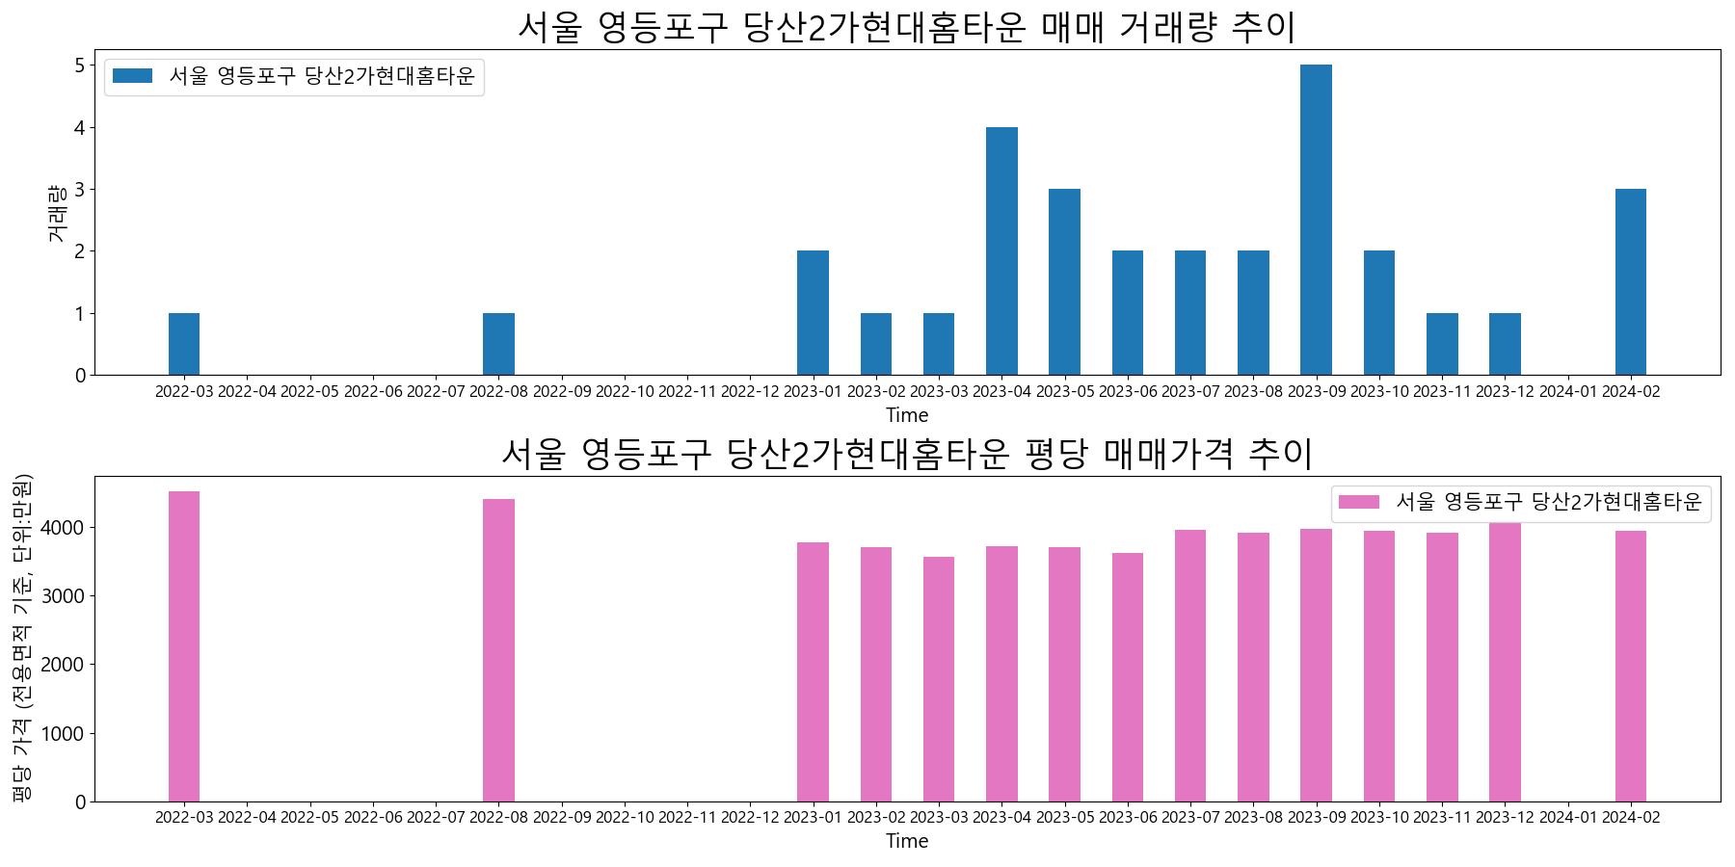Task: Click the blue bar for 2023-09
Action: pyautogui.click(x=1316, y=220)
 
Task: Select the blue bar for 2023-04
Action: pyautogui.click(x=1001, y=250)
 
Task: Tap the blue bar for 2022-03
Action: pyautogui.click(x=184, y=344)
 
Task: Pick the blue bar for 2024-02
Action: pyautogui.click(x=1630, y=281)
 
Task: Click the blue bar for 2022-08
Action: pyautogui.click(x=498, y=344)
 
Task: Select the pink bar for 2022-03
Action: pyautogui.click(x=184, y=645)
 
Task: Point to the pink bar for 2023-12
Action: pyautogui.click(x=1505, y=662)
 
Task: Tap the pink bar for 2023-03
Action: pyautogui.click(x=939, y=679)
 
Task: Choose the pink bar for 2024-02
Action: pyautogui.click(x=1630, y=666)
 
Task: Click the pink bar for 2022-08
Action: pyautogui.click(x=498, y=650)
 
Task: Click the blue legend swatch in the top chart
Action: pyautogui.click(x=132, y=76)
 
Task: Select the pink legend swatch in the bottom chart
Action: pyautogui.click(x=1359, y=502)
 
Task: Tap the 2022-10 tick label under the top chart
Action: pyautogui.click(x=625, y=392)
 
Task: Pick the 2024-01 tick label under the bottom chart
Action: pyautogui.click(x=1567, y=818)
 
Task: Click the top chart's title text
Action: pyautogui.click(x=906, y=27)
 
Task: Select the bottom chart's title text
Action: pyautogui.click(x=906, y=453)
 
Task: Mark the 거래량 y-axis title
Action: pyautogui.click(x=56, y=212)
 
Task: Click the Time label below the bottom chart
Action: pyautogui.click(x=906, y=841)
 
